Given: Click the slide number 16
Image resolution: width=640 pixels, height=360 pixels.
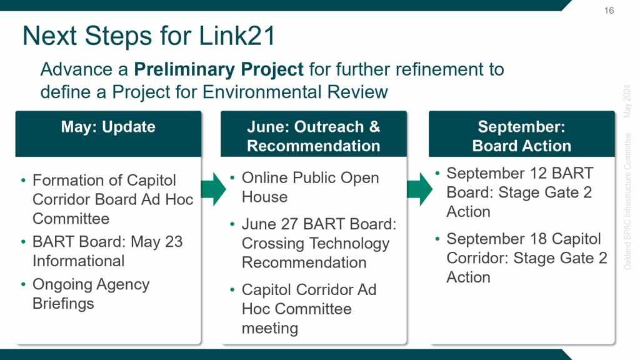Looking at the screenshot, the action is click(x=609, y=11).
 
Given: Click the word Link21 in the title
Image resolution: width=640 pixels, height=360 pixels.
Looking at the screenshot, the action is click(x=237, y=36).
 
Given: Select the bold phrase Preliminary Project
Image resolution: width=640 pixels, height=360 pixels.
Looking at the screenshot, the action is click(x=219, y=70).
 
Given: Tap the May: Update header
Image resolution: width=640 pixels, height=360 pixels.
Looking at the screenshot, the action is click(x=108, y=127).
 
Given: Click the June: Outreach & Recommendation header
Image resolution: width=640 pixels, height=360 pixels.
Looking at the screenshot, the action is click(x=314, y=136).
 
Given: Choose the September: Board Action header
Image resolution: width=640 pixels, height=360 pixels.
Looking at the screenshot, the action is click(x=522, y=136).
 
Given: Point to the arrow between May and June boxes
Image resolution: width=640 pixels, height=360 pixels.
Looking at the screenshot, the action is click(x=214, y=189).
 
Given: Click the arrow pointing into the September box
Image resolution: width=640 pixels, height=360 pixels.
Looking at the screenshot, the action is click(x=420, y=189).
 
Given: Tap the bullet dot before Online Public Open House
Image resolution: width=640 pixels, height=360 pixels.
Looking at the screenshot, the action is click(x=232, y=177).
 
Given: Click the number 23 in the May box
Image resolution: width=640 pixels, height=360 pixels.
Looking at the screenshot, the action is click(x=174, y=242).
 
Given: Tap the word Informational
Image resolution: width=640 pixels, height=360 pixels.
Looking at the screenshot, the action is click(x=78, y=261).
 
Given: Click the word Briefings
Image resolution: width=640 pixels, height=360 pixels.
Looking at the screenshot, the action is click(x=63, y=304).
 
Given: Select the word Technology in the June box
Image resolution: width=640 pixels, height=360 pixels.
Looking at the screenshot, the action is click(x=344, y=244).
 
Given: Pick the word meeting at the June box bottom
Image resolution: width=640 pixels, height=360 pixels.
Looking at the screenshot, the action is click(x=270, y=329).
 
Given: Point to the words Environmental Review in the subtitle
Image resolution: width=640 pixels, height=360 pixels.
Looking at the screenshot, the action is click(x=295, y=92).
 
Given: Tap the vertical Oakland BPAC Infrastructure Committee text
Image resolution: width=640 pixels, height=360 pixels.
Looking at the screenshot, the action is click(x=627, y=201).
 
